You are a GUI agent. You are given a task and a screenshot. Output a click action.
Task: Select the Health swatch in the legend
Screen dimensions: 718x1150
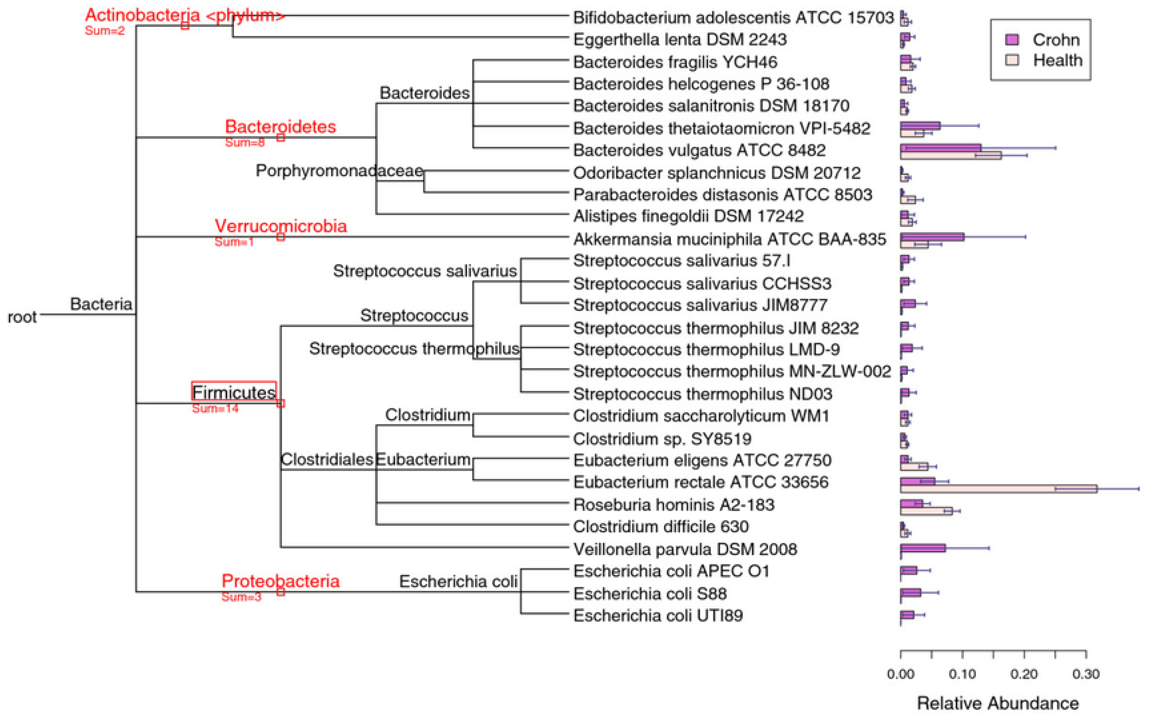coord(1012,60)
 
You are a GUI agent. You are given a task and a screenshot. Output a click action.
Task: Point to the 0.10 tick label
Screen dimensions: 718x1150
coord(962,674)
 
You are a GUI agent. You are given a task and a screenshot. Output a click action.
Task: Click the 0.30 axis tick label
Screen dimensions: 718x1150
coord(1086,674)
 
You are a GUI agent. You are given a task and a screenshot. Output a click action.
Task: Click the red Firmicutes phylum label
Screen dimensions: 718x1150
coord(234,392)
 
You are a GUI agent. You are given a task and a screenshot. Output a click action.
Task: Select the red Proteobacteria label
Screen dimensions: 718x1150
coord(281,581)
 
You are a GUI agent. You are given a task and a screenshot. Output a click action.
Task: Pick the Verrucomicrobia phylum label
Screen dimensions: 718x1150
coord(281,226)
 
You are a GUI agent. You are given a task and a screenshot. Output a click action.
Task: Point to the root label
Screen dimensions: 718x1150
coord(22,317)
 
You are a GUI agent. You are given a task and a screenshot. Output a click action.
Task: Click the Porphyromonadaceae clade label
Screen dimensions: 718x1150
coord(339,170)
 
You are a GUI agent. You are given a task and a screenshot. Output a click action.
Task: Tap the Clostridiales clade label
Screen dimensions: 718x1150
coord(327,459)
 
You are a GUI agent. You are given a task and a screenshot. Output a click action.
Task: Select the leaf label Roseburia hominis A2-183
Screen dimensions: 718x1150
coord(674,505)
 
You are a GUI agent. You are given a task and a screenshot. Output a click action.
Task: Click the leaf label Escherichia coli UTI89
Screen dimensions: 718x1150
coord(658,616)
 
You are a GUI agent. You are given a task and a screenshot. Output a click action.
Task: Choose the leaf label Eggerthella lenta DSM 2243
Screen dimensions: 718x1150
coord(680,39)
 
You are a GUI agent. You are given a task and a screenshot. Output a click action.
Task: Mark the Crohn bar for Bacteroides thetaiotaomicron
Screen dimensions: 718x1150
coord(920,126)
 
